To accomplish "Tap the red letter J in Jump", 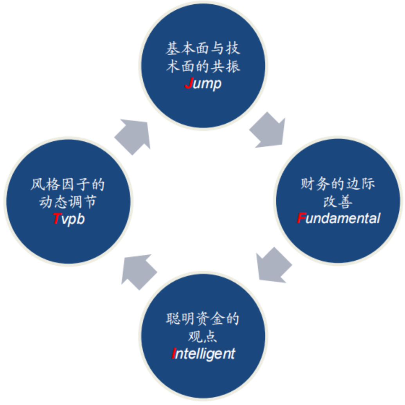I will (x=189, y=83).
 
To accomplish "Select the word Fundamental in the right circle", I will (x=338, y=218).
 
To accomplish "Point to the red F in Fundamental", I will (x=301, y=218).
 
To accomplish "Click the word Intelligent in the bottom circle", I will (x=203, y=353).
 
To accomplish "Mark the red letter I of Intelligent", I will (x=174, y=353).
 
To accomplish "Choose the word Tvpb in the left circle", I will (x=69, y=219).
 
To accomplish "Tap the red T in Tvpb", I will (x=56, y=219).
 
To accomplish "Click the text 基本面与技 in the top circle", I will (x=203, y=49).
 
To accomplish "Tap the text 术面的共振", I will (x=203, y=66).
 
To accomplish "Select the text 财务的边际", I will (x=338, y=184).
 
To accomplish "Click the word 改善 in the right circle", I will (x=338, y=201).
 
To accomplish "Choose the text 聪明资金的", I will (x=202, y=319).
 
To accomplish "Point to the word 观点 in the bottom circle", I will (x=203, y=336).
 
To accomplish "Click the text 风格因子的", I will (x=68, y=184).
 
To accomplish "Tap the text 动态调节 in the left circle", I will (x=68, y=202).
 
